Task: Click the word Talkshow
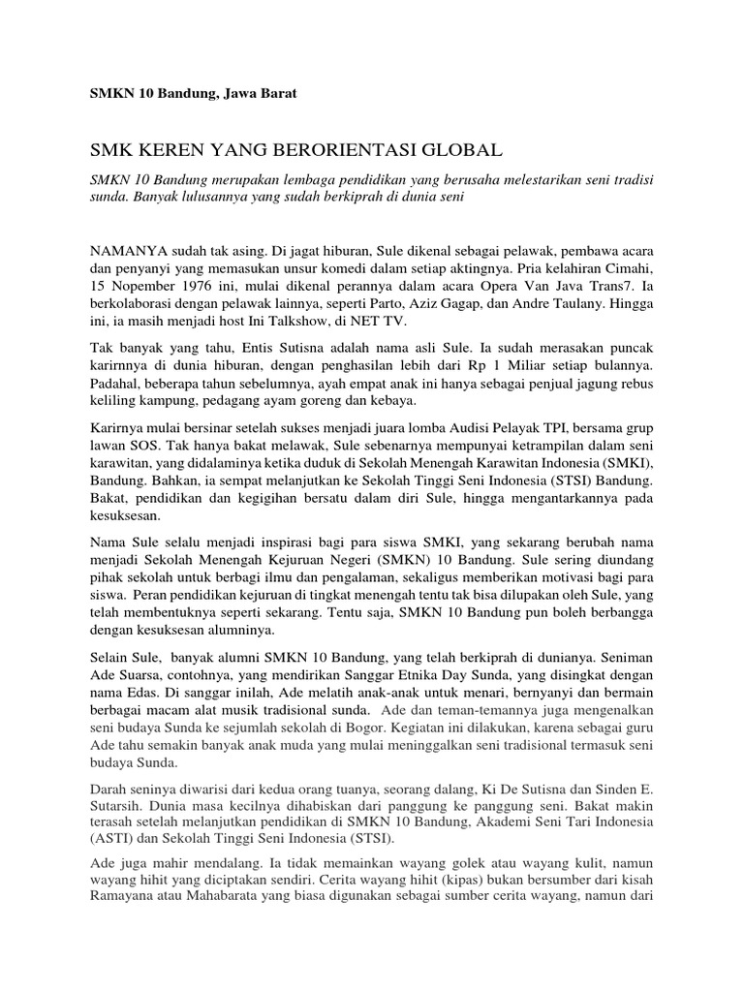point(299,322)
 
